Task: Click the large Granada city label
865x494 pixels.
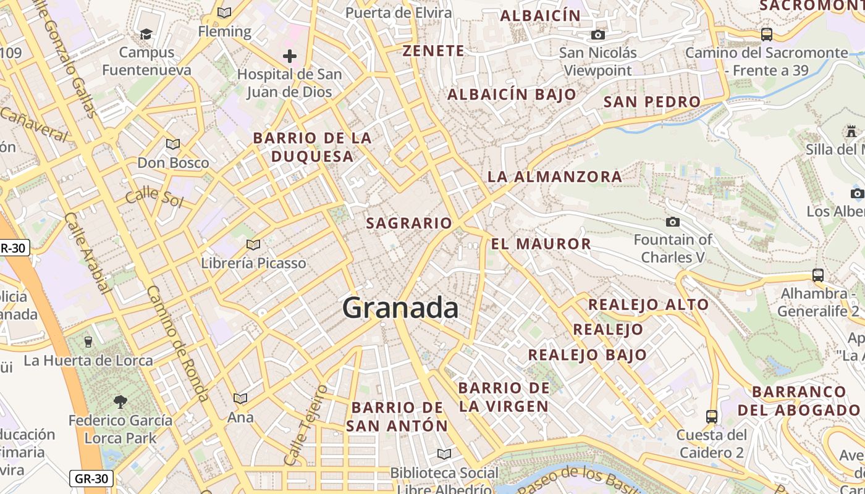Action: pyautogui.click(x=400, y=308)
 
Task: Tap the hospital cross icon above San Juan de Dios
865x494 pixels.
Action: pyautogui.click(x=290, y=57)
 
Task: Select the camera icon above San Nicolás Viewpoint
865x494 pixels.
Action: pyautogui.click(x=597, y=35)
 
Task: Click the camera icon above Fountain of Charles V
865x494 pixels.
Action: pyautogui.click(x=673, y=222)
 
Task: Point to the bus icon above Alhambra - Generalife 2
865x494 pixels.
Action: pyautogui.click(x=818, y=275)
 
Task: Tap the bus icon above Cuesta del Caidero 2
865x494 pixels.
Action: pyautogui.click(x=712, y=416)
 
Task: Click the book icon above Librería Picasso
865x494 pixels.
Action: pyautogui.click(x=253, y=245)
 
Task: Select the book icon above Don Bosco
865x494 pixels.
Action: pyautogui.click(x=173, y=144)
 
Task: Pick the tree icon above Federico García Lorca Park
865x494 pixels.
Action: pyautogui.click(x=120, y=402)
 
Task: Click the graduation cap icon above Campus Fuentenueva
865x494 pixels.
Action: pyautogui.click(x=146, y=34)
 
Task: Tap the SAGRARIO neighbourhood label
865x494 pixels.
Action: pyautogui.click(x=409, y=223)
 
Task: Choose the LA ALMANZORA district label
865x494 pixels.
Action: pyautogui.click(x=555, y=177)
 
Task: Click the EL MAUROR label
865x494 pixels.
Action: pyautogui.click(x=541, y=244)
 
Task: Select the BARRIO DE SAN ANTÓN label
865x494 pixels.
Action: pyautogui.click(x=397, y=417)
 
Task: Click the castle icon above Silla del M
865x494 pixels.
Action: pyautogui.click(x=851, y=131)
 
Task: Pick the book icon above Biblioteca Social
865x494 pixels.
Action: pyautogui.click(x=444, y=454)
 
